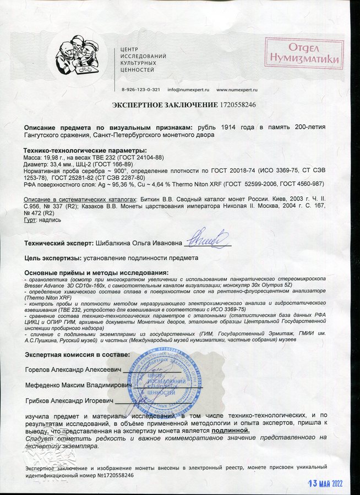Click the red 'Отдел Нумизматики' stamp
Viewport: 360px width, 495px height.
[x=304, y=53]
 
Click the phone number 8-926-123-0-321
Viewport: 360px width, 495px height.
[x=141, y=89]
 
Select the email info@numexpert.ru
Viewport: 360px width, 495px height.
[x=188, y=89]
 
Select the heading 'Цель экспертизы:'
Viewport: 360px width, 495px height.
[x=51, y=257]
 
